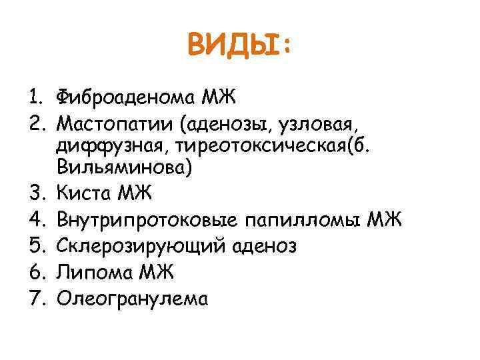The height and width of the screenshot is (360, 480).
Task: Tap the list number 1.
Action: [x=34, y=97]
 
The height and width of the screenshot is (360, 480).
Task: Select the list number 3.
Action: [x=34, y=193]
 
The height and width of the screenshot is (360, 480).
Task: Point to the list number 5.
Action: [x=34, y=247]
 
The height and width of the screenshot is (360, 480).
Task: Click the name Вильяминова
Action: [x=125, y=167]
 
